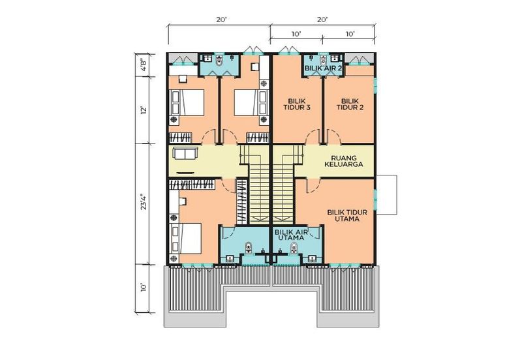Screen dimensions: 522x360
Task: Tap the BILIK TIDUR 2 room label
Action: [350, 104]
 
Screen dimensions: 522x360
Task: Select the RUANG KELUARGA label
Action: [344, 161]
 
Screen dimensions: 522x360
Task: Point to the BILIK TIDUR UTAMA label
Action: [347, 216]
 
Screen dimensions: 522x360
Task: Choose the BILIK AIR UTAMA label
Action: [291, 235]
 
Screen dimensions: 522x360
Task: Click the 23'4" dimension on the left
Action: [144, 202]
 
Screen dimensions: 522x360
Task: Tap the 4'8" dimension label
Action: [144, 65]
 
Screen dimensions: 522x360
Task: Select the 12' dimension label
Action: [144, 110]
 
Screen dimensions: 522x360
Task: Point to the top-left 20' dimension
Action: [221, 20]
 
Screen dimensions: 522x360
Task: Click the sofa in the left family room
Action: [185, 154]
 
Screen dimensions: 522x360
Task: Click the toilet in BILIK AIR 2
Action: [322, 61]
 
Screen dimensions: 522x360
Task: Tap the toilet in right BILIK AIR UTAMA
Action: [294, 248]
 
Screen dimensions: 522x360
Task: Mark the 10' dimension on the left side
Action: [144, 288]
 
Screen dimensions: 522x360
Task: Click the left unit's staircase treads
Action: [258, 192]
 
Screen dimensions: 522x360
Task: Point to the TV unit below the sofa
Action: [185, 173]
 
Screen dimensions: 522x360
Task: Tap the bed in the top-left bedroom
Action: [187, 102]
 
